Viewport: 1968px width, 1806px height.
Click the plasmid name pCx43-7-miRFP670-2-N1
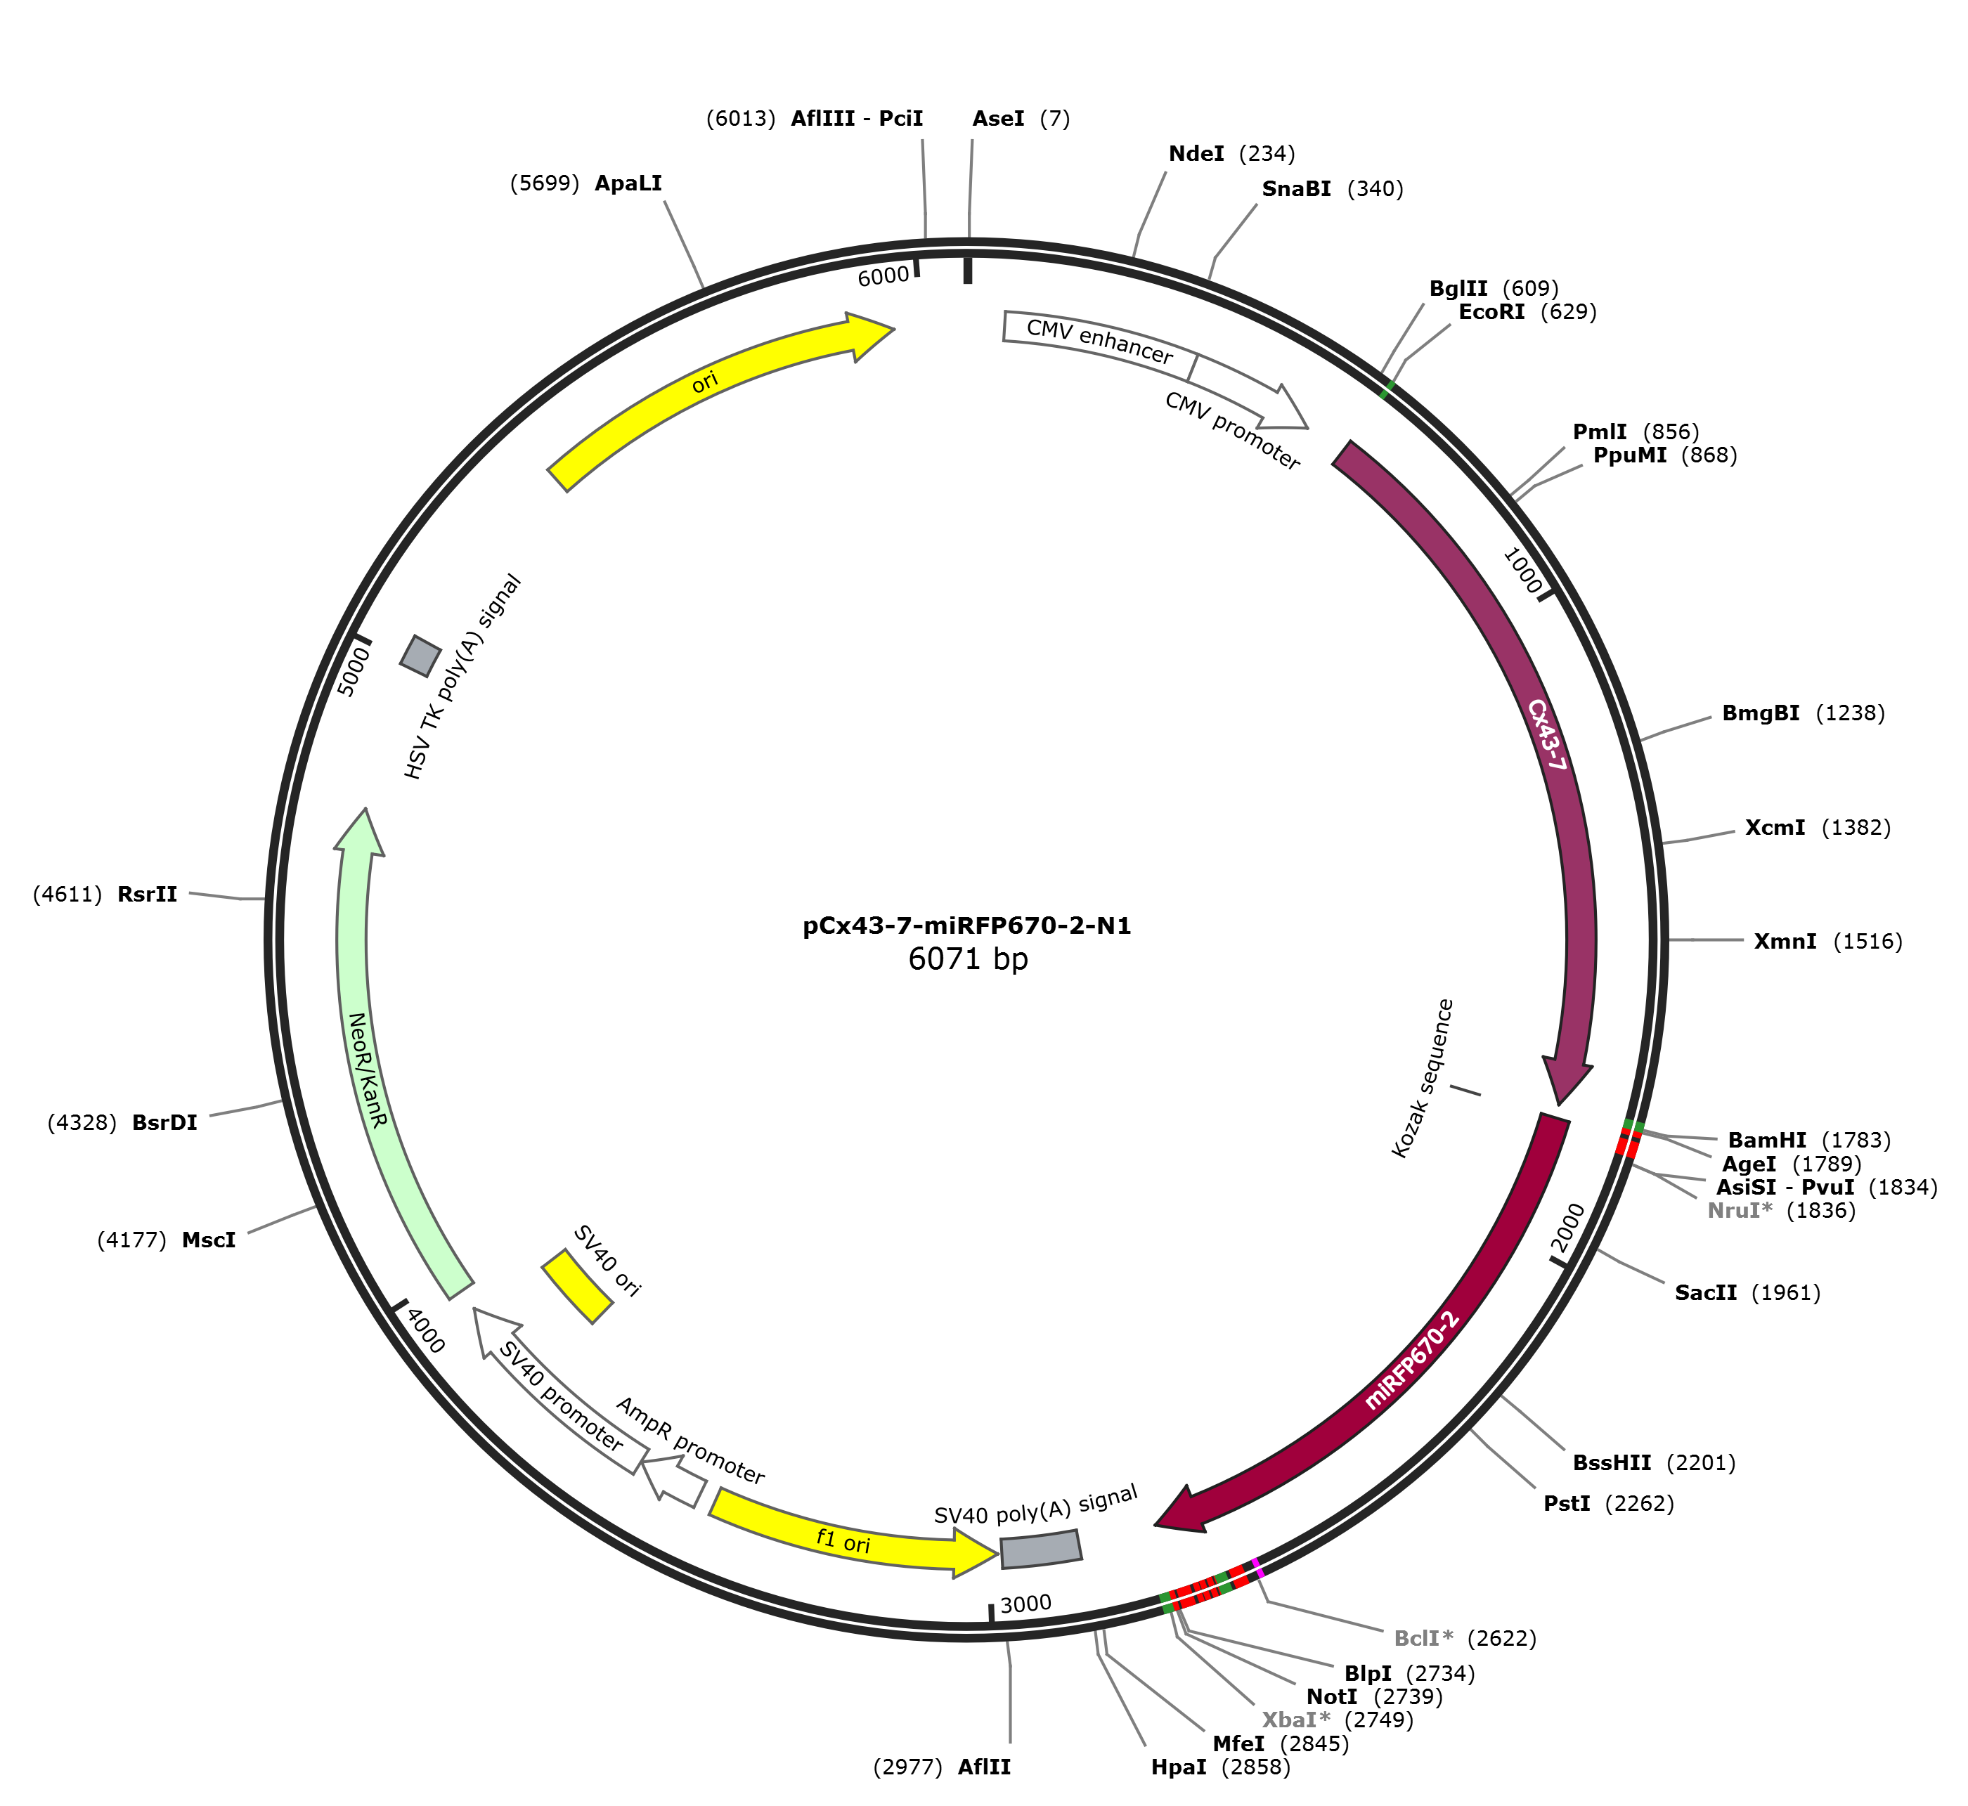pyautogui.click(x=967, y=925)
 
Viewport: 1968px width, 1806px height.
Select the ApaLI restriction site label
pyautogui.click(x=628, y=183)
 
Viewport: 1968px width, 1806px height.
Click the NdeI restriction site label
pyautogui.click(x=1197, y=153)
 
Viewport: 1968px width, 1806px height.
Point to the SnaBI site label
pyautogui.click(x=1296, y=188)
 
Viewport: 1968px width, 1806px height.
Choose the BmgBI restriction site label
pyautogui.click(x=1761, y=713)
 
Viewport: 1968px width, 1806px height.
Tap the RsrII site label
pyautogui.click(x=148, y=894)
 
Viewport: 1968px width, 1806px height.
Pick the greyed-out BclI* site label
pyautogui.click(x=1423, y=1638)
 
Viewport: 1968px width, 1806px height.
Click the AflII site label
pyautogui.click(x=985, y=1767)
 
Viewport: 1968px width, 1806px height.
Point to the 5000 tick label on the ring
pyautogui.click(x=355, y=670)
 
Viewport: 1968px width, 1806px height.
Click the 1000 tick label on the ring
pyautogui.click(x=1522, y=570)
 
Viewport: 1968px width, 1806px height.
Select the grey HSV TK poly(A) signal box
pyautogui.click(x=420, y=656)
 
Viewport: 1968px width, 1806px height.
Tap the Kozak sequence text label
pyautogui.click(x=1423, y=1079)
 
